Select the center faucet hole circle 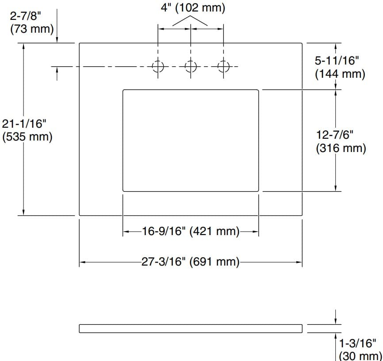click(x=191, y=67)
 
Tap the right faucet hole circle click(x=223, y=67)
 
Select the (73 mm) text click(x=31, y=29)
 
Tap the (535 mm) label click(x=27, y=137)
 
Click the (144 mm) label click(x=340, y=74)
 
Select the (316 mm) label click(x=341, y=148)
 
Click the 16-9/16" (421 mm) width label click(x=190, y=231)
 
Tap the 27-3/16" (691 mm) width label click(x=190, y=262)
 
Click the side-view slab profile click(x=191, y=328)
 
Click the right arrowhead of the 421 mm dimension click(x=255, y=231)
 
